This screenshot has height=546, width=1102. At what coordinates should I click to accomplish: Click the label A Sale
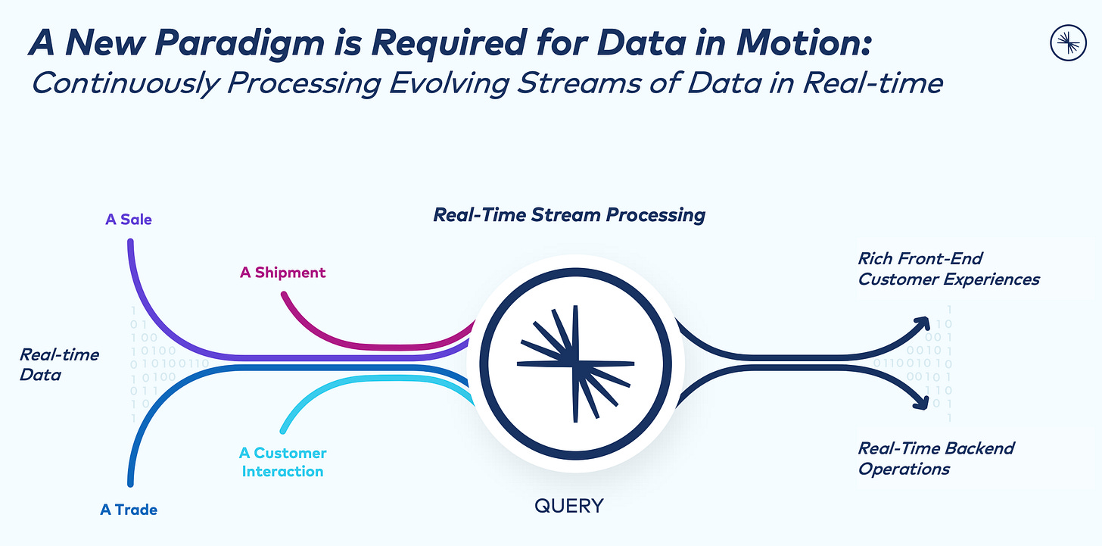click(x=129, y=220)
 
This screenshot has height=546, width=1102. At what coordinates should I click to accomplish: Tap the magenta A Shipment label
click(x=283, y=273)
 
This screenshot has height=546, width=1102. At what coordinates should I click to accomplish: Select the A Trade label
click(x=129, y=510)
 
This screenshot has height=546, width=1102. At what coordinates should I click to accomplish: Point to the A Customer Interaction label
click(x=282, y=462)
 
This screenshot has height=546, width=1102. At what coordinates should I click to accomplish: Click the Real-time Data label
click(x=60, y=363)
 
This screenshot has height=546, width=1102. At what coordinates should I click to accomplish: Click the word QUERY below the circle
click(x=569, y=505)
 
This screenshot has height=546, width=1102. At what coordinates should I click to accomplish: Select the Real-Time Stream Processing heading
click(x=569, y=214)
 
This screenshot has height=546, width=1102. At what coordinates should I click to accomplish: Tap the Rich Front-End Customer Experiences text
click(x=948, y=268)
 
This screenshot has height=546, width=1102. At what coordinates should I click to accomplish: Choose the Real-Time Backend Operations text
click(x=935, y=458)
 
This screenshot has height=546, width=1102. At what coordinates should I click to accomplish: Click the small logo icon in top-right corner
click(x=1068, y=43)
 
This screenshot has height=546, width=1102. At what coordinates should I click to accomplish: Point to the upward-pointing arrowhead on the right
click(x=923, y=323)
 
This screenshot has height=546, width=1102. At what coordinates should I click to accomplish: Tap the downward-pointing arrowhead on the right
click(x=922, y=402)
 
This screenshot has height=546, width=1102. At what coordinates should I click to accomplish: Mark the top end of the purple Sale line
click(x=130, y=243)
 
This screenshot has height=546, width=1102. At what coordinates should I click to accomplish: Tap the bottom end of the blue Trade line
click(x=130, y=482)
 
